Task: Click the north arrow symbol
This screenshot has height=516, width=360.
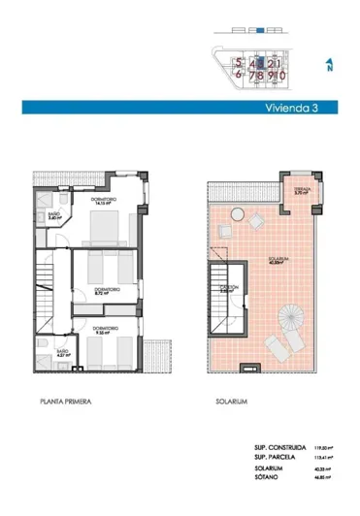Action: (329, 65)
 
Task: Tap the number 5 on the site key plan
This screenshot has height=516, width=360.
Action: (238, 60)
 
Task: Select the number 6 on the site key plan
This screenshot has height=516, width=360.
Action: (238, 73)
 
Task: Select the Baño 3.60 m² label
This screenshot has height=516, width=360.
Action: (54, 218)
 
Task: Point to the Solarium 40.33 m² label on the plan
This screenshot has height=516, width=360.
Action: (279, 260)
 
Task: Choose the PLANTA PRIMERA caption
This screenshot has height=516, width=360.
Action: (65, 399)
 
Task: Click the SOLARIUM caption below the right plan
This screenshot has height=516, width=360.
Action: (233, 399)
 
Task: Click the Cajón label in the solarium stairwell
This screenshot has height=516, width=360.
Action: (231, 288)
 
